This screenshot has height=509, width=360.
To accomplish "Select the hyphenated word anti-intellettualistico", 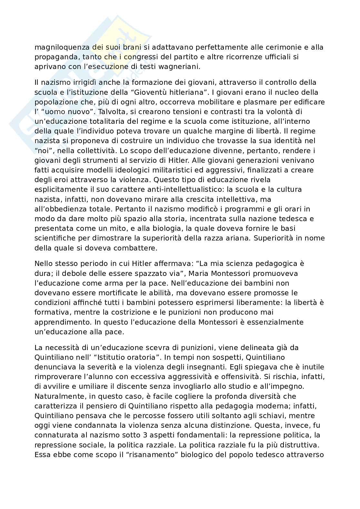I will [152, 189].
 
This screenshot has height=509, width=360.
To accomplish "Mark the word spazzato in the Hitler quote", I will [153, 273].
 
